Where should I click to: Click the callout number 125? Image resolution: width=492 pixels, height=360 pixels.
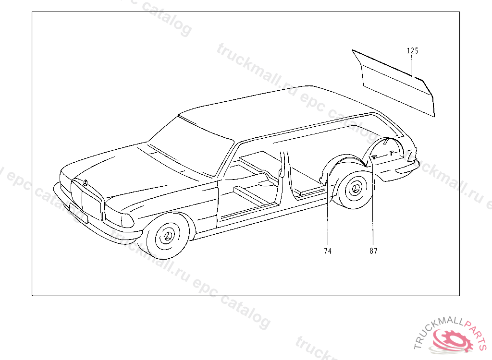click(412, 51)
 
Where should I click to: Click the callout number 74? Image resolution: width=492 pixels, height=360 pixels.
click(328, 251)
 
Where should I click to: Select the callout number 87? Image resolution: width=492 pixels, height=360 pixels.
click(373, 251)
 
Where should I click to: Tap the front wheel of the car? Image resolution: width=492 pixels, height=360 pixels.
click(168, 238)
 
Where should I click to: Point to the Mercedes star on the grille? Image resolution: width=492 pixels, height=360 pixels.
click(85, 183)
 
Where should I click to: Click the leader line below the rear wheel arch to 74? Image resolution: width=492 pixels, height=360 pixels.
click(328, 221)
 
